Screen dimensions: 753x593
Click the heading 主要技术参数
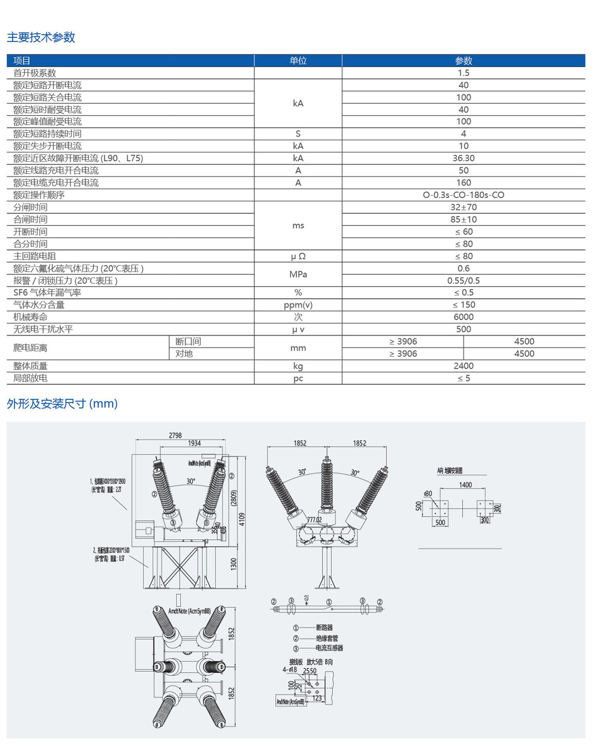tap(41, 37)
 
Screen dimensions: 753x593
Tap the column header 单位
tap(298, 61)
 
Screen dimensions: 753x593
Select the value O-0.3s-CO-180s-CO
tap(463, 195)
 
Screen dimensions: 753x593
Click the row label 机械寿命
tap(30, 317)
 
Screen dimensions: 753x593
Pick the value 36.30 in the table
tap(463, 158)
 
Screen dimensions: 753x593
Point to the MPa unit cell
tap(298, 274)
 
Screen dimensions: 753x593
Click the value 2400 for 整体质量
tap(463, 366)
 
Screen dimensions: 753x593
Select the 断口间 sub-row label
tap(188, 342)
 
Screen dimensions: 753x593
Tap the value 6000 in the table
tap(463, 317)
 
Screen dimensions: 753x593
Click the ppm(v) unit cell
tap(298, 305)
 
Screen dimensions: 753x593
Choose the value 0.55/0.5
tap(463, 281)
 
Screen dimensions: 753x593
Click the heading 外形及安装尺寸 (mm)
tap(62, 404)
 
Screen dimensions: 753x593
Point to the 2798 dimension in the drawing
tap(175, 435)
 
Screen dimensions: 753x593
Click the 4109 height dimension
tap(242, 519)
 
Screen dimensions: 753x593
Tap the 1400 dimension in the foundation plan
tap(465, 485)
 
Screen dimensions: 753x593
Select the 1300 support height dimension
tap(234, 564)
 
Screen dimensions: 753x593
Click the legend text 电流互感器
tap(329, 648)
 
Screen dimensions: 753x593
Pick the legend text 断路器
tap(324, 627)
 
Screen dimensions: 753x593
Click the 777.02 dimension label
tap(314, 520)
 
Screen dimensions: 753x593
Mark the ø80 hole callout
tap(428, 494)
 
